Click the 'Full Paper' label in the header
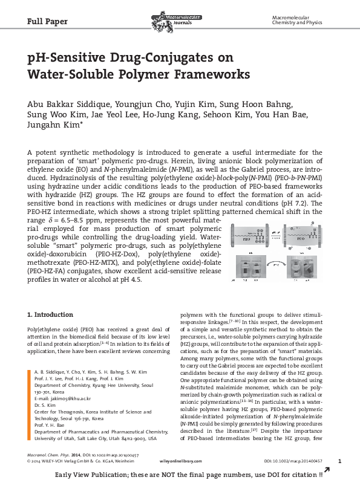[47, 22]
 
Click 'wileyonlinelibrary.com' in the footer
[180, 461]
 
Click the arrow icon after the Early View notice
[327, 470]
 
